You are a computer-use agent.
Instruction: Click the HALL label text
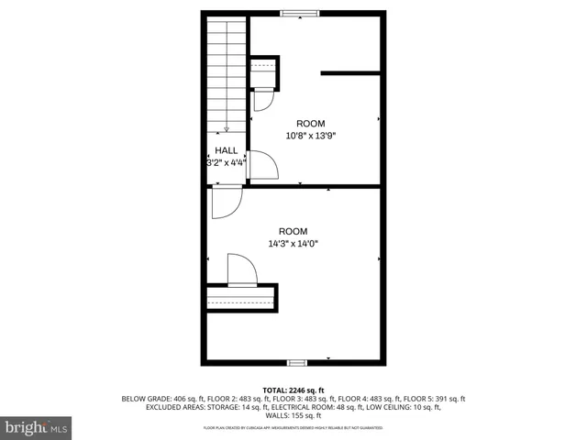[227, 150]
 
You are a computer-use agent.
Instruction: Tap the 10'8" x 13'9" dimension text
[311, 136]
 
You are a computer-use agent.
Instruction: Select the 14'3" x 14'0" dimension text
[293, 244]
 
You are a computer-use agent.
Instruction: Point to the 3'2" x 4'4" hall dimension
[227, 163]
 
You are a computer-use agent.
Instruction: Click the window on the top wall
[300, 13]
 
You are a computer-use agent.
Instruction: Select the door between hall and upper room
[263, 165]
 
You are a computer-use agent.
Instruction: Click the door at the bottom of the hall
[226, 201]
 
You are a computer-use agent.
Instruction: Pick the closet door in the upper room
[262, 100]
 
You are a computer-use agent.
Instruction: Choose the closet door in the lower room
[242, 270]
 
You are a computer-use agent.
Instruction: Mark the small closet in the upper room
[263, 72]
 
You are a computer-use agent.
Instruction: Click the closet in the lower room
[240, 299]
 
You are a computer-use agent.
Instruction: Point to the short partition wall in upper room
[349, 71]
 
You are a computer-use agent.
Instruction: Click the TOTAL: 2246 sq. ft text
[293, 390]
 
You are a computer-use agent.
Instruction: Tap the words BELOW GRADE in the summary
[146, 399]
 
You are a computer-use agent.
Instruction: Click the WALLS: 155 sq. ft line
[293, 415]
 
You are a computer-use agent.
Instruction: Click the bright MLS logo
[37, 427]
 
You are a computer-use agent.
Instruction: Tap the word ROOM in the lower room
[293, 231]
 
